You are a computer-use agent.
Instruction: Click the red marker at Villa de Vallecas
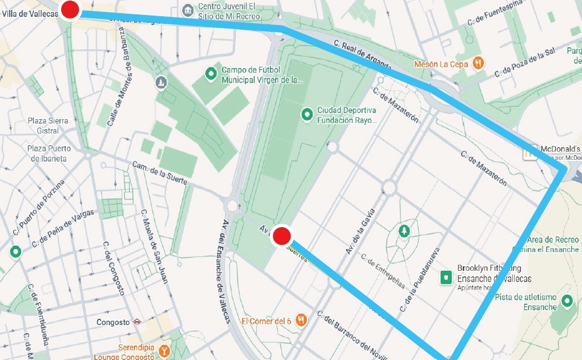70,9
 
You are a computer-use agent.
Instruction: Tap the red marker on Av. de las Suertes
281,235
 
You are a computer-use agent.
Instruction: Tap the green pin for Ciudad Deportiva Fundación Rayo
306,114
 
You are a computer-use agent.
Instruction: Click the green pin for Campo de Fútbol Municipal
211,74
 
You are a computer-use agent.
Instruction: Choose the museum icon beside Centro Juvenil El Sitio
188,10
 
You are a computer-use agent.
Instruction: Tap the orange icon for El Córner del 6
301,320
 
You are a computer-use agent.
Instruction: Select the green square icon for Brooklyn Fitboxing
445,276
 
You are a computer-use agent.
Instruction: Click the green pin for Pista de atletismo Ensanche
566,301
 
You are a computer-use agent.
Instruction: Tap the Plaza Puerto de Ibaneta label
49,153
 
